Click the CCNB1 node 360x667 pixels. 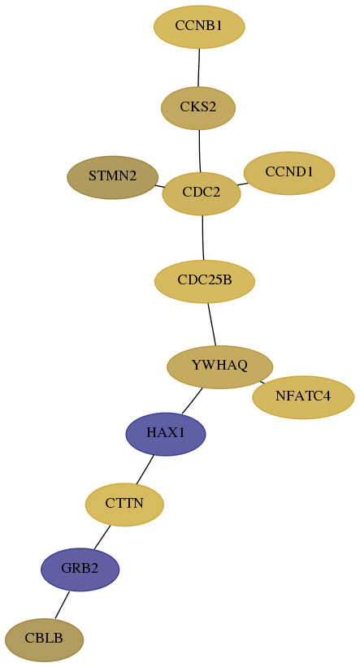tap(199, 27)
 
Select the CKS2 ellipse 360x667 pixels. tap(198, 108)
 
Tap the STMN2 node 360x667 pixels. tap(113, 177)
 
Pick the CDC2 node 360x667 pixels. tap(202, 193)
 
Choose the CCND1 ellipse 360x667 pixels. tap(289, 173)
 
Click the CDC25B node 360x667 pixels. tap(205, 281)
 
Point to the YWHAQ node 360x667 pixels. tap(219, 366)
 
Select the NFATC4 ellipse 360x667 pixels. tap(303, 397)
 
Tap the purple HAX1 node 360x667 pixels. tap(166, 434)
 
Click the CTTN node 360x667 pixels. tap(124, 505)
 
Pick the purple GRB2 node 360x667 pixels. tap(80, 570)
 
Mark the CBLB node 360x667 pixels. tap(44, 639)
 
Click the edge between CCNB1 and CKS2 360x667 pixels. tap(199, 67)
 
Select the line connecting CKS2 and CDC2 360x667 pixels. tap(200, 151)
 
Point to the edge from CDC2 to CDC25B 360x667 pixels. tap(203, 237)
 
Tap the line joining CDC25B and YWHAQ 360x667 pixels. tap(212, 324)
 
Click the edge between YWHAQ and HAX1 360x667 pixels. tap(192, 401)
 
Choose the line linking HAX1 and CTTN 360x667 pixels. tap(145, 470)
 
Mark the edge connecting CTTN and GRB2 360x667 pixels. tap(102, 537)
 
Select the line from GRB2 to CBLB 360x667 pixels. tap(62, 604)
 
